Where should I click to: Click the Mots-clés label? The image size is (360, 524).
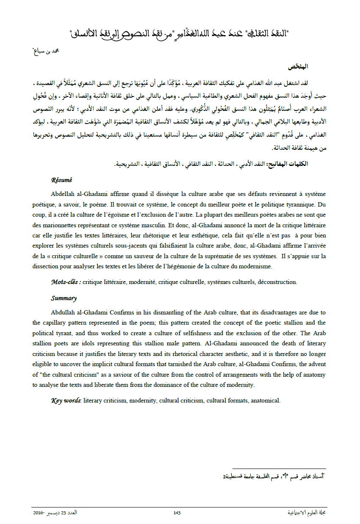point(66,282)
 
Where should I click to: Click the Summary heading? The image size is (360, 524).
point(64,298)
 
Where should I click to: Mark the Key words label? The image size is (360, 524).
point(66,400)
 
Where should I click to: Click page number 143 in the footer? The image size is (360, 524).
point(177,513)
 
